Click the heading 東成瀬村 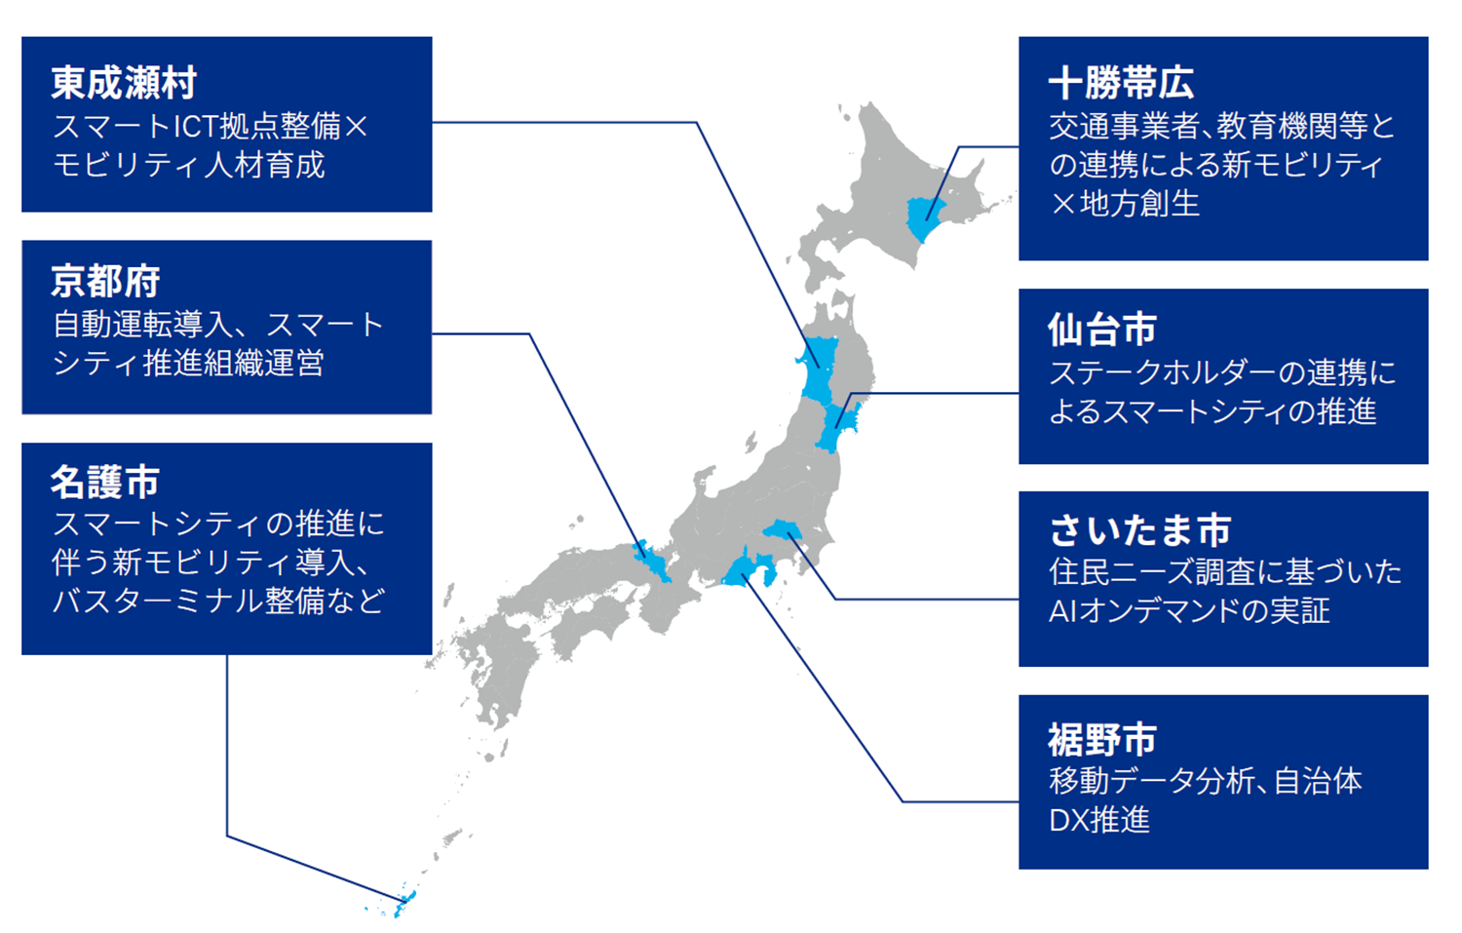(x=124, y=83)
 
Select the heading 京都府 (x=105, y=282)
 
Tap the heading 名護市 (x=105, y=482)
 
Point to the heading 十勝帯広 (x=1121, y=83)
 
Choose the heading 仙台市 (x=1102, y=330)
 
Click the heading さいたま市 (x=1139, y=530)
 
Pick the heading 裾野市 (x=1102, y=740)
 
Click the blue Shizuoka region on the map (x=749, y=571)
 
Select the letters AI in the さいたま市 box (x=1060, y=611)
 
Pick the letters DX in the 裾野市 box (x=1067, y=820)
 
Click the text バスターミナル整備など (x=218, y=601)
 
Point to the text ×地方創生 (x=1124, y=204)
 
